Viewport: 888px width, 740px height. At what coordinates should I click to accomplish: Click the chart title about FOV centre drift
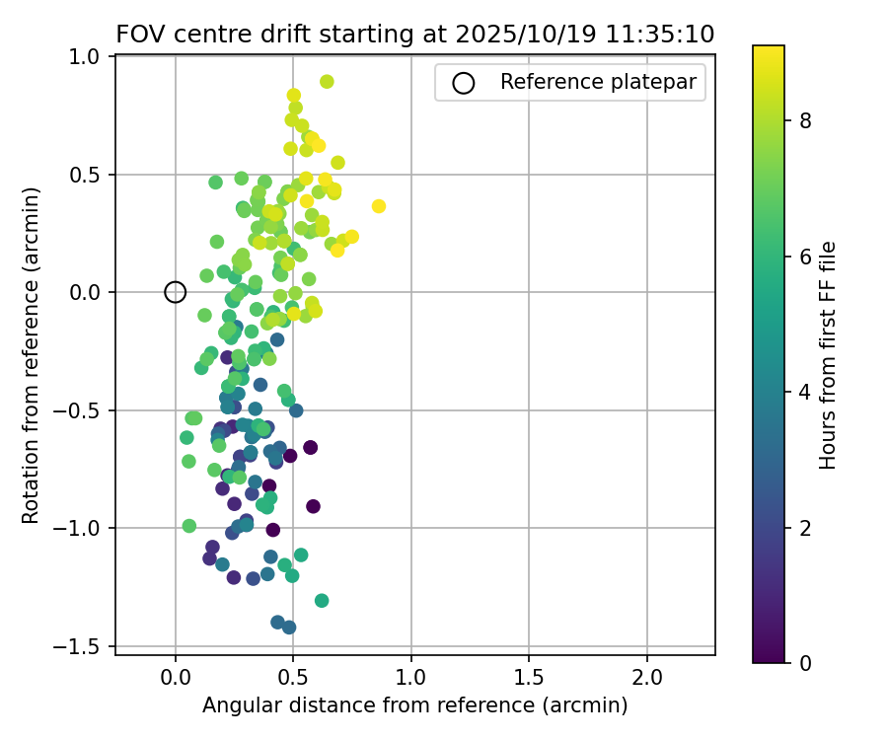click(x=415, y=34)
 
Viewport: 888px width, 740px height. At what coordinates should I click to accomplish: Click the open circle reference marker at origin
click(x=175, y=292)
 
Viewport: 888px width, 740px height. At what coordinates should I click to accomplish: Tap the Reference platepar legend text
click(x=602, y=82)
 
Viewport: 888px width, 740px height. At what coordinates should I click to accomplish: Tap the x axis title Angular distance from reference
click(x=414, y=705)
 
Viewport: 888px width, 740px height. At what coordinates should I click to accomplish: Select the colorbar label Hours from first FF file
click(x=829, y=355)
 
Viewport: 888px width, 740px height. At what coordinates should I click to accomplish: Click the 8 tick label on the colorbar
click(x=805, y=121)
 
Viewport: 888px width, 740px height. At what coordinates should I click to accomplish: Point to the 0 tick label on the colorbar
click(x=805, y=662)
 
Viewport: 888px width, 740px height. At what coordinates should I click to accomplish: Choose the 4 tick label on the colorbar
click(x=805, y=392)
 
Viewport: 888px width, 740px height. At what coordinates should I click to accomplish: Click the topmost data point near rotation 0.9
click(x=327, y=82)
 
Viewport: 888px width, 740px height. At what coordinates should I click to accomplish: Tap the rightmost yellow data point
click(x=379, y=206)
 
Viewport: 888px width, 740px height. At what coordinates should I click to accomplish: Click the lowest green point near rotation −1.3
click(x=322, y=600)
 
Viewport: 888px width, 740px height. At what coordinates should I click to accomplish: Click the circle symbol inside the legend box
click(x=464, y=83)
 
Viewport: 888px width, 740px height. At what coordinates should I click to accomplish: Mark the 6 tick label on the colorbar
click(x=805, y=257)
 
